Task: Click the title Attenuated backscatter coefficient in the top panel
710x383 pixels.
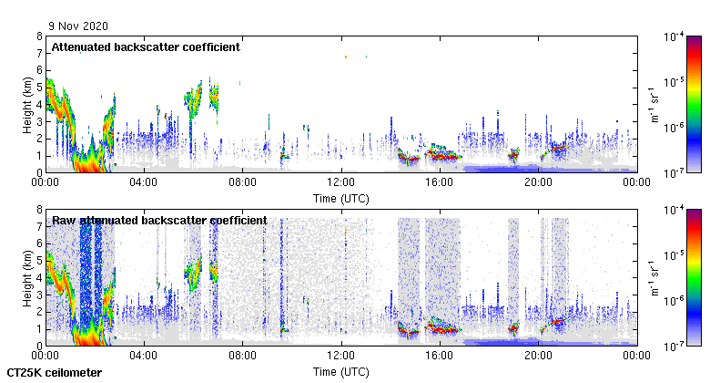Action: [x=146, y=47]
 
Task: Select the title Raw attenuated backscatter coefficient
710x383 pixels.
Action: [x=159, y=220]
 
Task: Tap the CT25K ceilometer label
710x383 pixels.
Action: [x=55, y=373]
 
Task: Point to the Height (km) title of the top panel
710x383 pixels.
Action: [x=28, y=104]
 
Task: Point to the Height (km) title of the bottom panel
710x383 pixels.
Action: [x=28, y=277]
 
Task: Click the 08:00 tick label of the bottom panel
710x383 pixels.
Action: [x=243, y=356]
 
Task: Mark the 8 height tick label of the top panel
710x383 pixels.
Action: [x=39, y=36]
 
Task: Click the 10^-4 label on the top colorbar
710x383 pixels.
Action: [x=674, y=36]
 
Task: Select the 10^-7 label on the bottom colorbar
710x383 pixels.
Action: [x=674, y=346]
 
